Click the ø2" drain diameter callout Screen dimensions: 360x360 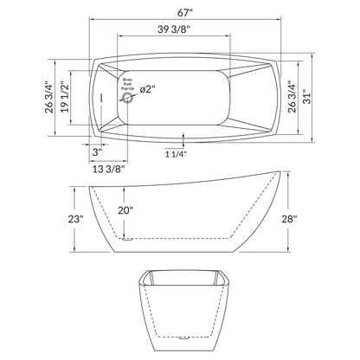coord(145,89)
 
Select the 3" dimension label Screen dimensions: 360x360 coord(97,151)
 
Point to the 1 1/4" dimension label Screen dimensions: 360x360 coord(176,153)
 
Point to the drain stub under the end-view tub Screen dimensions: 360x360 coord(185,334)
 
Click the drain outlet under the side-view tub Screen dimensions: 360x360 coord(125,238)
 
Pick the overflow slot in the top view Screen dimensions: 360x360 coord(101,98)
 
